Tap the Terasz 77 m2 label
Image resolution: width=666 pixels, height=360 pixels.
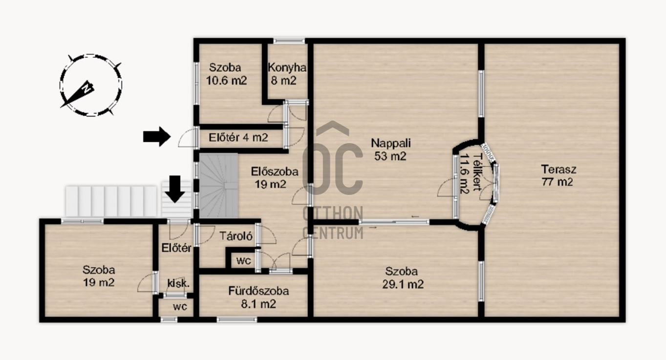coord(558,175)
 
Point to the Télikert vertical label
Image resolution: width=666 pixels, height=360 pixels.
coord(470,173)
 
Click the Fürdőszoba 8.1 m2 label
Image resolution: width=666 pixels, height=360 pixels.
coord(258,297)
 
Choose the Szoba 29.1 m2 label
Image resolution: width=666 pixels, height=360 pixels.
coord(402,277)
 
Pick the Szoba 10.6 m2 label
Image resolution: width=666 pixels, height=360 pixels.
coord(226,74)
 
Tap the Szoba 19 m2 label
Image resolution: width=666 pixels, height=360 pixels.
coord(99,276)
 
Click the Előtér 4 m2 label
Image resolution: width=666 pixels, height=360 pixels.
coord(238,137)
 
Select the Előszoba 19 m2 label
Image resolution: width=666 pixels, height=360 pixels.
coord(274,178)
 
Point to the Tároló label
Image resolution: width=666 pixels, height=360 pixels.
coord(236,236)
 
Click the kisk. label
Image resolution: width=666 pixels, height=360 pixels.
coord(178,283)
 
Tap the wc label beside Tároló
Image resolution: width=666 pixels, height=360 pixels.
coord(243,261)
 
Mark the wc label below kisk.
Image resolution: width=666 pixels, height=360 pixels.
coord(180,306)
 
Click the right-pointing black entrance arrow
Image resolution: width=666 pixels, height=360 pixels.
coord(157,136)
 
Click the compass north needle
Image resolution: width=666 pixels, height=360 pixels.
coord(78,94)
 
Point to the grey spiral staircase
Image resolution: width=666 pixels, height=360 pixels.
coord(218,186)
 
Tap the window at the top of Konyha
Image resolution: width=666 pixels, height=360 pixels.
coord(289,41)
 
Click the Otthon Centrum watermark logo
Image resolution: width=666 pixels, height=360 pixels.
coord(333,180)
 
